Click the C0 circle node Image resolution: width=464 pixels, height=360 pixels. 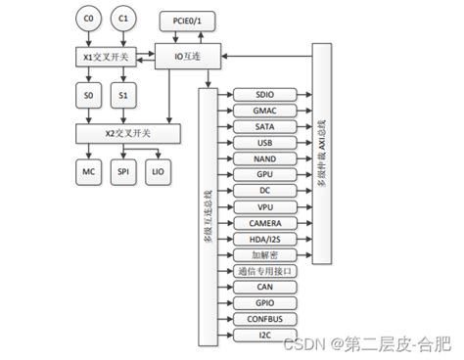(x=90, y=20)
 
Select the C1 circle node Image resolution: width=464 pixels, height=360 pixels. (x=122, y=20)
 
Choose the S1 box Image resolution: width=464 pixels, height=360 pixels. (x=122, y=96)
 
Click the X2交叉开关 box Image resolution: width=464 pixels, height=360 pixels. (x=127, y=132)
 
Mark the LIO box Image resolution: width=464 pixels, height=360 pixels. (x=159, y=171)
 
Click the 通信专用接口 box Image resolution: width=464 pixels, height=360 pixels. (x=264, y=271)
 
